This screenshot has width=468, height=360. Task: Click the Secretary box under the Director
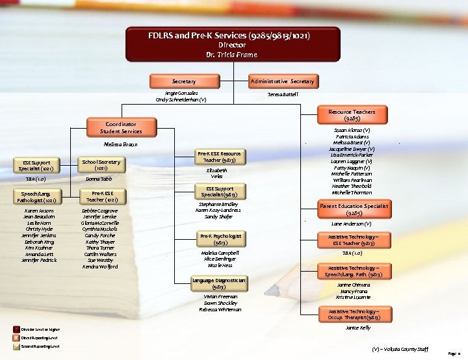pyautogui.click(x=183, y=81)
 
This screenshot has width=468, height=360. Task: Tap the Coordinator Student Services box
pyautogui.click(x=120, y=127)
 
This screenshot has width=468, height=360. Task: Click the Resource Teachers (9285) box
pyautogui.click(x=352, y=115)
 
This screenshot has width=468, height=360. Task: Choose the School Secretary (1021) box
pyautogui.click(x=101, y=164)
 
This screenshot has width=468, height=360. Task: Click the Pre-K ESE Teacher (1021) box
pyautogui.click(x=101, y=197)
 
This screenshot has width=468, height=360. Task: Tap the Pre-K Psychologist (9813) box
pyautogui.click(x=220, y=239)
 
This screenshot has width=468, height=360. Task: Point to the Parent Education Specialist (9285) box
pyautogui.click(x=354, y=209)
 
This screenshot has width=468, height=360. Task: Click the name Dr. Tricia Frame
pyautogui.click(x=233, y=55)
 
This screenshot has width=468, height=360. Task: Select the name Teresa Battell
pyautogui.click(x=283, y=94)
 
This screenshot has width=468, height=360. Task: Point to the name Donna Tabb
pyautogui.click(x=99, y=179)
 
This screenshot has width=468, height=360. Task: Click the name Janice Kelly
pyautogui.click(x=357, y=328)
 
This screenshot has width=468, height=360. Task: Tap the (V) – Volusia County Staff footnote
pyautogui.click(x=400, y=349)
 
